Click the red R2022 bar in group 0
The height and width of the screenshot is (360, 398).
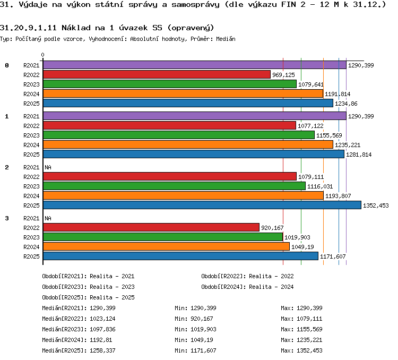tap(157, 74)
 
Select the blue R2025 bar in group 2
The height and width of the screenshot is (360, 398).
tap(202, 205)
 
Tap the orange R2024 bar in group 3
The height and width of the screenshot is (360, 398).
tap(167, 246)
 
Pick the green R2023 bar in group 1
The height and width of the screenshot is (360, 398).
tap(179, 135)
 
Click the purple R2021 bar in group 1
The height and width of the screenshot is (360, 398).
tap(195, 116)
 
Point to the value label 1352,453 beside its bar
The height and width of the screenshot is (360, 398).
tap(376, 205)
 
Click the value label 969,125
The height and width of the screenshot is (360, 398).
tap(283, 75)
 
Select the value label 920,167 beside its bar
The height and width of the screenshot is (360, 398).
tap(272, 228)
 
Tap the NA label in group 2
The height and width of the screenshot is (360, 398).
tap(48, 167)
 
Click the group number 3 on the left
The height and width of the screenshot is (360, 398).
tap(7, 218)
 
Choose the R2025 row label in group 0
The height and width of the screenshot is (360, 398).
tap(31, 104)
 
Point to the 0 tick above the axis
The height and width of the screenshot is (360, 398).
tap(42, 55)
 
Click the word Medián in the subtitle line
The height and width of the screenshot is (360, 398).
tap(226, 39)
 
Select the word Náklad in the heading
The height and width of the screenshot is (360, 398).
tap(76, 28)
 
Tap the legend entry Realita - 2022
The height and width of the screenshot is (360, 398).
tap(271, 276)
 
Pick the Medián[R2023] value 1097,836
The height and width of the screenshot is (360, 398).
tap(102, 330)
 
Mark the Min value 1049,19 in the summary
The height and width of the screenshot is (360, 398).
tap(202, 340)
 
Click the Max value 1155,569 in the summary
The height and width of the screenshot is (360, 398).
tap(309, 330)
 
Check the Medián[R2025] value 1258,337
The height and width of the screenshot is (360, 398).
tap(102, 351)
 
